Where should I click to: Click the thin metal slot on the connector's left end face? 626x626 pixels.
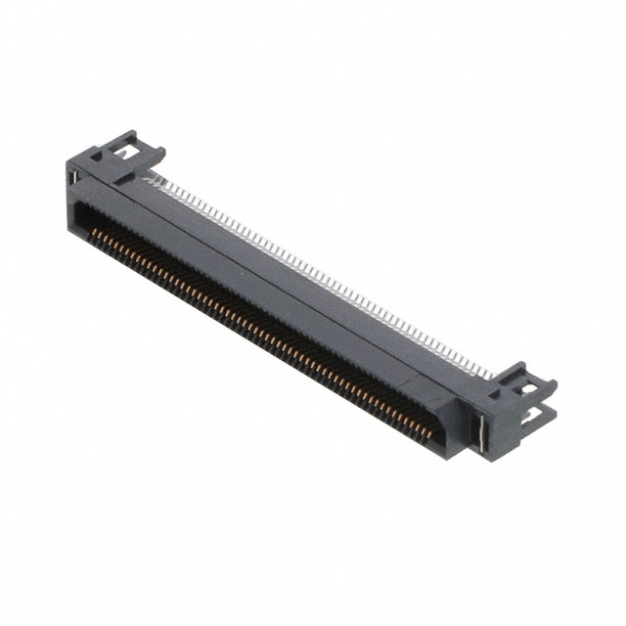click(x=72, y=177)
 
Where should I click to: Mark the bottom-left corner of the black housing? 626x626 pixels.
click(x=70, y=227)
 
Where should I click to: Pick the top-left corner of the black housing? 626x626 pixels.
click(x=69, y=162)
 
